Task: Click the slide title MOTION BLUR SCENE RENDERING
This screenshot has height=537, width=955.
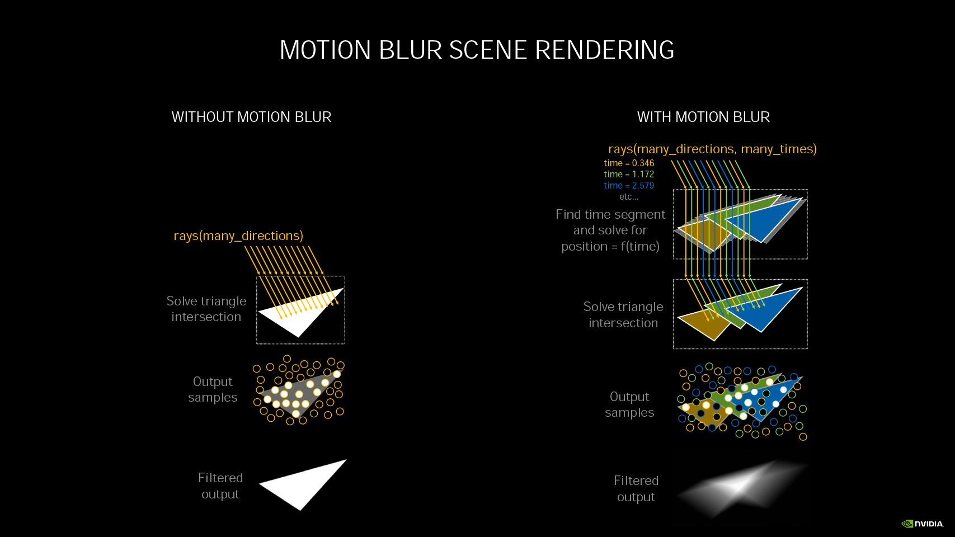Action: (x=477, y=49)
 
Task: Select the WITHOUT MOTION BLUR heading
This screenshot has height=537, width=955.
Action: (x=252, y=117)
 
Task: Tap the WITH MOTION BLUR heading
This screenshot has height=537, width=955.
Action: (x=703, y=117)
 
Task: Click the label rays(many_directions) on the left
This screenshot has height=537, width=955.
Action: (x=238, y=235)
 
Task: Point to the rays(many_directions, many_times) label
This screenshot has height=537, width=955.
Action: (x=712, y=149)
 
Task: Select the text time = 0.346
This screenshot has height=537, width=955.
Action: (x=629, y=163)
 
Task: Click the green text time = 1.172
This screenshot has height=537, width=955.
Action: (x=629, y=175)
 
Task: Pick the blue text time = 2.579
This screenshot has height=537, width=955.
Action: (x=629, y=185)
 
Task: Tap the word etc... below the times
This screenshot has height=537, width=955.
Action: (x=629, y=197)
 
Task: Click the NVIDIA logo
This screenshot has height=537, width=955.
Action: (x=922, y=524)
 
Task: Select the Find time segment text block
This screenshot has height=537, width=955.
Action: (x=610, y=230)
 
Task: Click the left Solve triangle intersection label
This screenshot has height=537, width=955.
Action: (x=206, y=309)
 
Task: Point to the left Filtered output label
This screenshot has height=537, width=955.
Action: (x=220, y=486)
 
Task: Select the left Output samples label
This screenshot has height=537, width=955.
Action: (x=213, y=389)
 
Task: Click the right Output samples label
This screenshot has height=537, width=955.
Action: (x=629, y=404)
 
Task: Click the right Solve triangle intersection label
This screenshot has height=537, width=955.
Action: (x=623, y=315)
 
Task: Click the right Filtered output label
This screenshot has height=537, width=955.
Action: (x=636, y=489)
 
